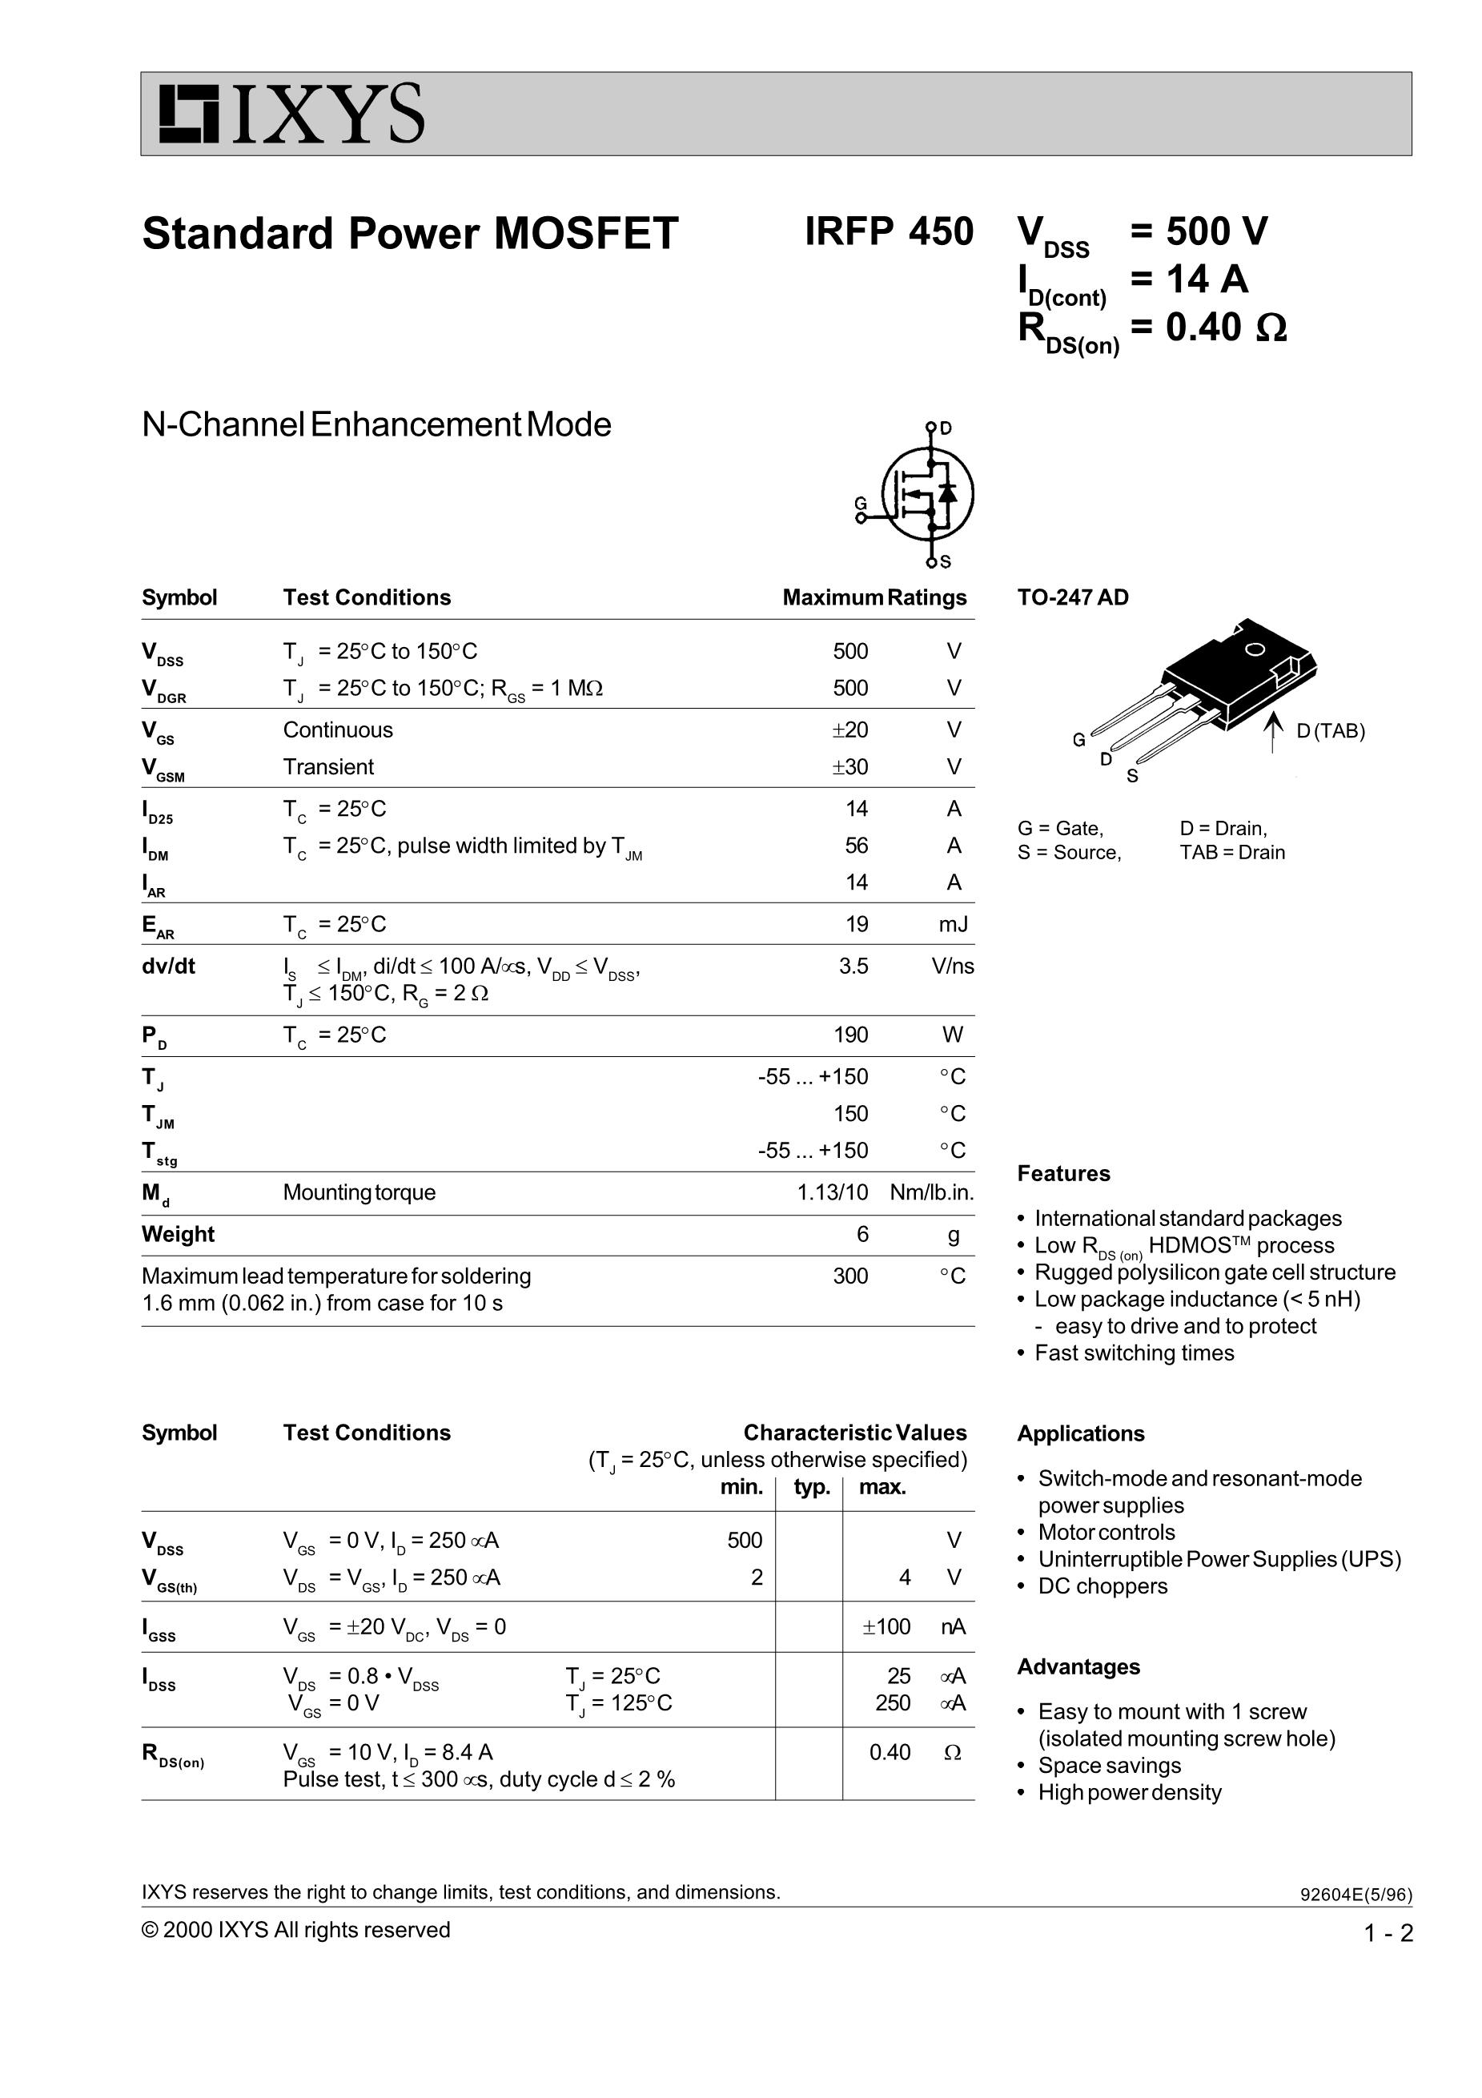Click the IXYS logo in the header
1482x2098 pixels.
(291, 115)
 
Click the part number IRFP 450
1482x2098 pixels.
(888, 232)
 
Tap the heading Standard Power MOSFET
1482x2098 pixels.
(410, 234)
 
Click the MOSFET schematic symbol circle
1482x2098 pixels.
(927, 493)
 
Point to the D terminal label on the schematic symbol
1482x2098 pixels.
(946, 428)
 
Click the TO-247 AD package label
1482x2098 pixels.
(1073, 597)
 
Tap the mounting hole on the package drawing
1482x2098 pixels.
(1255, 649)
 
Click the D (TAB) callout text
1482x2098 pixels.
(1331, 731)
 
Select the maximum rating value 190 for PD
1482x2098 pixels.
(849, 1035)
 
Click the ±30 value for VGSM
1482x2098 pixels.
(849, 766)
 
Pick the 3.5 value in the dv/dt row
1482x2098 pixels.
(853, 966)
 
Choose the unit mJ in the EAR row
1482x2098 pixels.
(953, 924)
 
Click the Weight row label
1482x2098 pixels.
(179, 1235)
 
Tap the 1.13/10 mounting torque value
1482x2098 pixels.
(833, 1192)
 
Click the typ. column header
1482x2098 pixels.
(811, 1487)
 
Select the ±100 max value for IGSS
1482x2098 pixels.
(886, 1626)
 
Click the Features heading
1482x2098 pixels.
(1063, 1173)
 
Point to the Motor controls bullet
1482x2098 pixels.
(1106, 1533)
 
